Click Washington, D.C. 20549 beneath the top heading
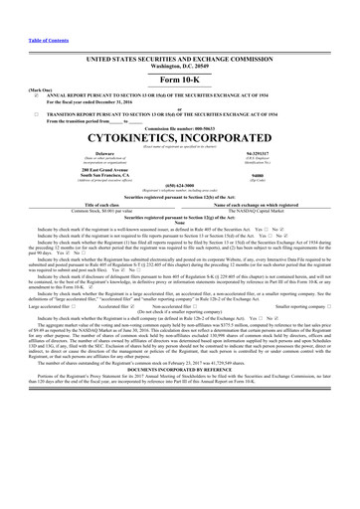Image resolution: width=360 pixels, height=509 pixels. (x=180, y=40)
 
